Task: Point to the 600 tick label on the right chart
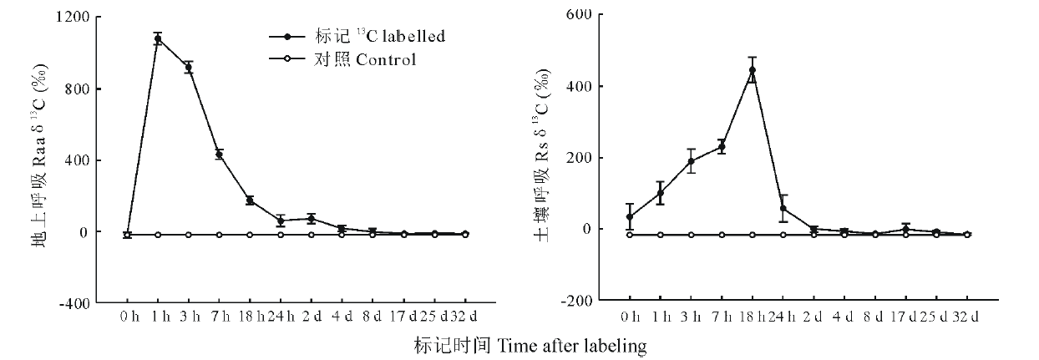coord(580,14)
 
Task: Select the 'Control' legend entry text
coord(386,60)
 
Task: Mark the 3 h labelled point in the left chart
coord(189,68)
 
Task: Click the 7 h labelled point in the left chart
coord(220,154)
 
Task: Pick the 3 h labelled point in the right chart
coord(692,161)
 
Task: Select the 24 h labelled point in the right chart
coord(783,208)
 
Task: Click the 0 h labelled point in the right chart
coord(630,217)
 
